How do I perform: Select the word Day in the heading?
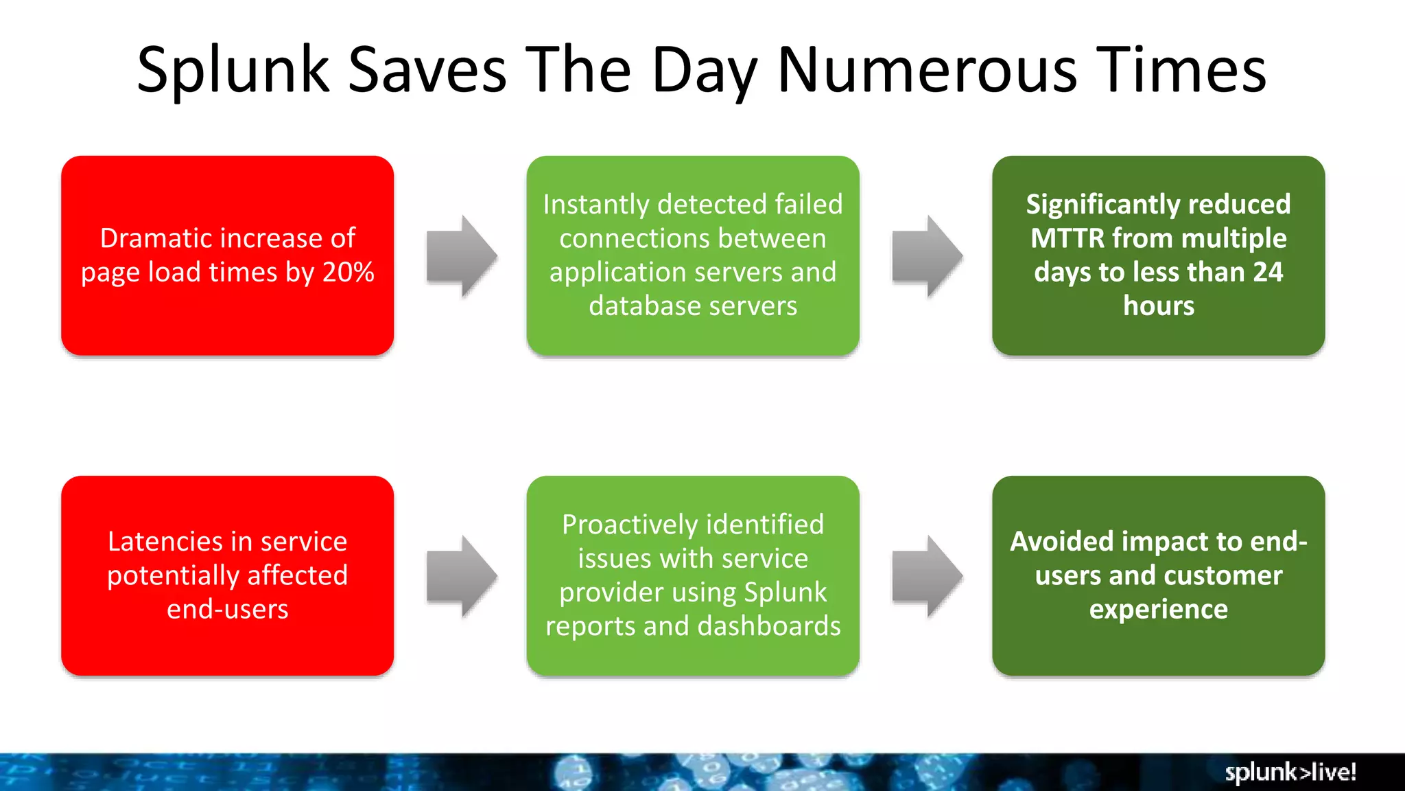pyautogui.click(x=705, y=70)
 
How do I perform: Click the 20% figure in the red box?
pyautogui.click(x=349, y=273)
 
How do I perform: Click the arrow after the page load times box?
pyautogui.click(x=462, y=256)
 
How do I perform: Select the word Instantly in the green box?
pyautogui.click(x=595, y=205)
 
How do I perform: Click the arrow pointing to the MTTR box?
pyautogui.click(x=927, y=256)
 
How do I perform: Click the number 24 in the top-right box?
pyautogui.click(x=1268, y=273)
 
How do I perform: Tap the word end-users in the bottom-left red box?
pyautogui.click(x=227, y=610)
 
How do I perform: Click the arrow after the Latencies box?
pyautogui.click(x=462, y=576)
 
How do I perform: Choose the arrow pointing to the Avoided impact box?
pyautogui.click(x=927, y=576)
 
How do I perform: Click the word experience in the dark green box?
pyautogui.click(x=1158, y=610)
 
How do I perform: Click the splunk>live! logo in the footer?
pyautogui.click(x=1290, y=772)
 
